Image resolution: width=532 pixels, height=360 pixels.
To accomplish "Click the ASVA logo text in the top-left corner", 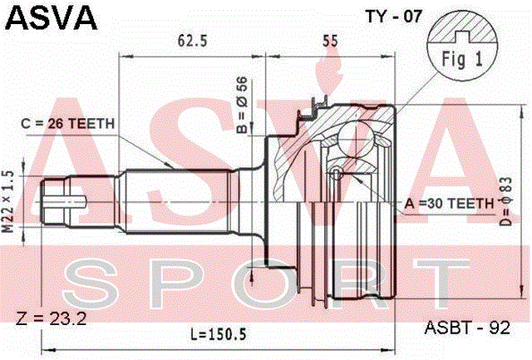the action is (52, 18).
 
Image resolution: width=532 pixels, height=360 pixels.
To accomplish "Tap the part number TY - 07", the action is (393, 17).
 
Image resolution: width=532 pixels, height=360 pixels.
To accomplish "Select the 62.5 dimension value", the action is (192, 41).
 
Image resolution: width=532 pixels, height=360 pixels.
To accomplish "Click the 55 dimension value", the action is (330, 41).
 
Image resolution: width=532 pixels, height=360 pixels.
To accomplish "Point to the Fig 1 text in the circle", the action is (462, 60).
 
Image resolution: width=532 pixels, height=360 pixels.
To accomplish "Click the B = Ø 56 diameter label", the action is (242, 105).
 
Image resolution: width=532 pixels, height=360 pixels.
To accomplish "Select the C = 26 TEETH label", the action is (67, 124).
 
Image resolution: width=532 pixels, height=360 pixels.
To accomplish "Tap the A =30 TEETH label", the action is (449, 204).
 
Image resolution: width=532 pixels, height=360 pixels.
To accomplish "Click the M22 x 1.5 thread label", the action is (8, 201).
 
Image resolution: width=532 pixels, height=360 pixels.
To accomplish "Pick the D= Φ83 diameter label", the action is (505, 201).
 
